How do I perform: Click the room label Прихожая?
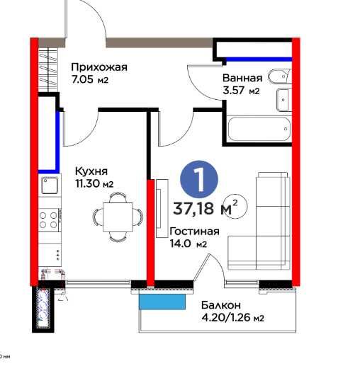[98, 67]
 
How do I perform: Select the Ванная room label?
[242, 78]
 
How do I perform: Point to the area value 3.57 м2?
[241, 91]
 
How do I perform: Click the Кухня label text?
[91, 171]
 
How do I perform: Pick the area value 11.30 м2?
[94, 184]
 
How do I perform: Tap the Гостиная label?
[194, 231]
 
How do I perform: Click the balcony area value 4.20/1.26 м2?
[232, 318]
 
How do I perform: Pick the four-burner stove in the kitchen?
[49, 219]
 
